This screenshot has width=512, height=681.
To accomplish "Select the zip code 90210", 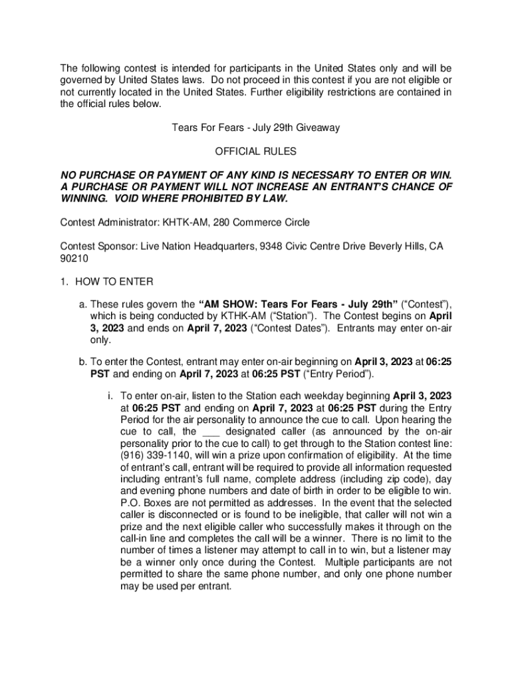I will click(74, 258).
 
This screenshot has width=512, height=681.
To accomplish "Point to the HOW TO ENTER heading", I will click(114, 282).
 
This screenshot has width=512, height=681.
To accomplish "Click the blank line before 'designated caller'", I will click(210, 432).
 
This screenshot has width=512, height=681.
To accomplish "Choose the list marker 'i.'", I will click(110, 396).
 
